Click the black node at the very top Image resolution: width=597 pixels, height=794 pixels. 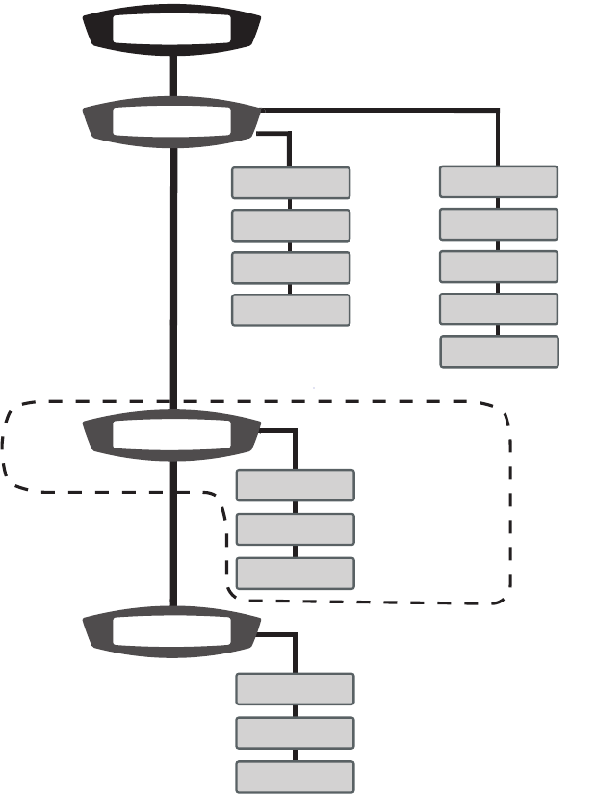click(x=172, y=30)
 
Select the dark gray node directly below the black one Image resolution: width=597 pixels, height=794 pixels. click(x=172, y=121)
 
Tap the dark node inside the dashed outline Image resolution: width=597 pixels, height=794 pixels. click(x=172, y=436)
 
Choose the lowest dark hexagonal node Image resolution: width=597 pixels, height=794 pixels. click(x=172, y=632)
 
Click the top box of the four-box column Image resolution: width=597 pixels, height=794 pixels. click(x=291, y=183)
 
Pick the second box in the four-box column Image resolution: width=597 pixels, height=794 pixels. click(x=291, y=225)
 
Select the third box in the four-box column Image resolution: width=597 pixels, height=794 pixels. click(x=291, y=268)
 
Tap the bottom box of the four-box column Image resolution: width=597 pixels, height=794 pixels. click(x=291, y=310)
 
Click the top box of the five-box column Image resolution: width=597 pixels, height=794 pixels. click(x=499, y=182)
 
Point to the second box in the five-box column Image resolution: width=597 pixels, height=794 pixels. click(x=499, y=224)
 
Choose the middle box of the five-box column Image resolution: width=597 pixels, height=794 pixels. click(x=499, y=267)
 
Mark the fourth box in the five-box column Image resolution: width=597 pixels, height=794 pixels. click(x=499, y=309)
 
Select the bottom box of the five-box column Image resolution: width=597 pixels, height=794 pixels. click(x=499, y=351)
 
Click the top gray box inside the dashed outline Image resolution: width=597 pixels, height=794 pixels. click(x=296, y=486)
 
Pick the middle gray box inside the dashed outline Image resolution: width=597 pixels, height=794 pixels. click(x=296, y=529)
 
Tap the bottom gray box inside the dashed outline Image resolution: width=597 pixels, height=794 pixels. click(x=296, y=573)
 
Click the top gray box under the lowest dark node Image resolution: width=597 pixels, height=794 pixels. click(x=296, y=689)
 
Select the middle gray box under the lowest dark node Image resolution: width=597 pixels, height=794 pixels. click(x=296, y=732)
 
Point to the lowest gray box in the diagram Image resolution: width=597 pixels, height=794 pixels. click(x=296, y=777)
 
